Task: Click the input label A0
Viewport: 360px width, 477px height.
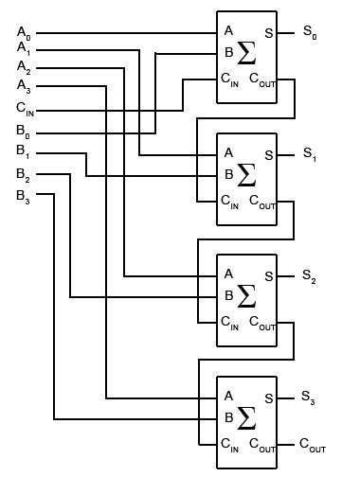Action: pos(24,33)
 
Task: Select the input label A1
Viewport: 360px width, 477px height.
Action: pos(24,49)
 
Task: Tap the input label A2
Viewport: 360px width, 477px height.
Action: pos(24,67)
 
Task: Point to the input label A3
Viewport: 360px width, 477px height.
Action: pos(24,88)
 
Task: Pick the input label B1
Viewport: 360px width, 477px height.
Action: pos(24,151)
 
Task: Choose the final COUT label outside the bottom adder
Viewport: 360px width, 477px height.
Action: pos(315,443)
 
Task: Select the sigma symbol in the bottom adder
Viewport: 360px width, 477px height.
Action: pos(247,416)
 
